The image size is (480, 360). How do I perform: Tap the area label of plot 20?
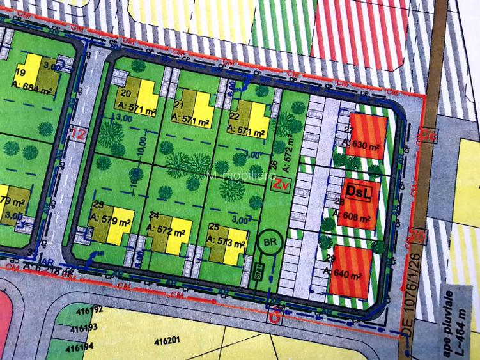click(x=137, y=111)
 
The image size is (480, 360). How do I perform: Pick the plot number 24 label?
click(x=154, y=215)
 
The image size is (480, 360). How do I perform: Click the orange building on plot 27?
click(x=369, y=136)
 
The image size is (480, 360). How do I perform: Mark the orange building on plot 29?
click(x=352, y=270)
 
